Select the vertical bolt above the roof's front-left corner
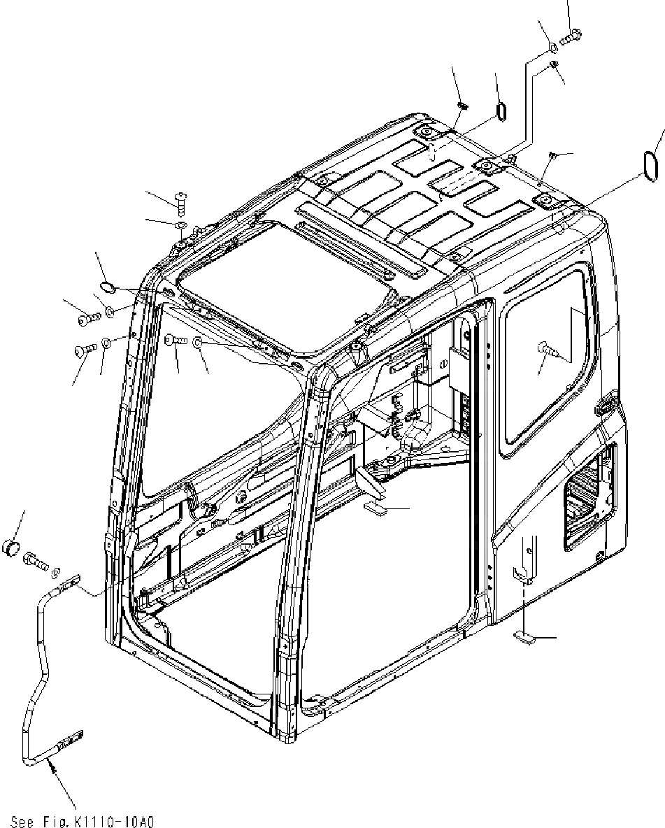point(180,204)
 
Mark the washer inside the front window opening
point(199,342)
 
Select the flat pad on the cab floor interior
point(376,508)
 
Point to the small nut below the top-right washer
point(552,64)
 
